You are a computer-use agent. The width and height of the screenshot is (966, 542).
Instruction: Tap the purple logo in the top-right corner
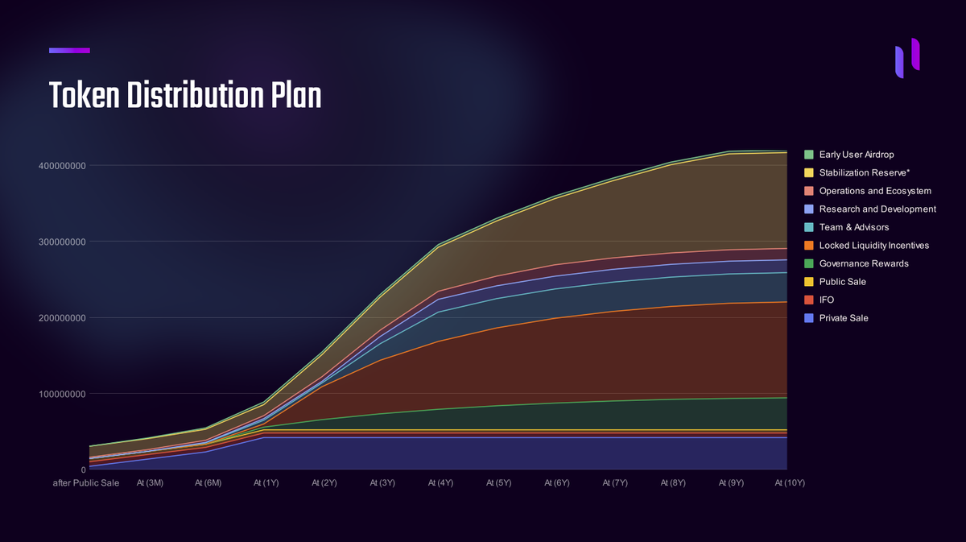coord(907,57)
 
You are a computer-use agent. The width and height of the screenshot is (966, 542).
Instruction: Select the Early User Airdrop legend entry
coord(856,155)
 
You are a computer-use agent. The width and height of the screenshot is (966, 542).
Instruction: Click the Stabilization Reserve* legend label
coord(864,173)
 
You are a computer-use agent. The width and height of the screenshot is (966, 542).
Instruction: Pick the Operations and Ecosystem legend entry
coord(874,191)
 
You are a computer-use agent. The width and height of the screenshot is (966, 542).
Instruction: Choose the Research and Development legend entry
coord(877,209)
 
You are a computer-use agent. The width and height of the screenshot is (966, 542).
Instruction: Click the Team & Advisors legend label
coord(853,227)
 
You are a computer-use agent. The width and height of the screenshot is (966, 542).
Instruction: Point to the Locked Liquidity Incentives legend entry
coord(873,246)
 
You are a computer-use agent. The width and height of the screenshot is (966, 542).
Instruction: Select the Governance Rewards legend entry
coord(863,263)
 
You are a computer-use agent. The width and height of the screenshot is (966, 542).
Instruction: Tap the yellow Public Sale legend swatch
coord(809,282)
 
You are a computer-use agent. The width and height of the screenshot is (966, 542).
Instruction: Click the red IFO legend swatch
coord(809,300)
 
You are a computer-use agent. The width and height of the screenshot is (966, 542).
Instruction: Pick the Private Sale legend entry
coord(843,318)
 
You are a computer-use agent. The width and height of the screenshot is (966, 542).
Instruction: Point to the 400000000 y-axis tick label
coord(62,166)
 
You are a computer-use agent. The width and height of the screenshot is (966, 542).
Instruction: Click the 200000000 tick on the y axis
coord(62,318)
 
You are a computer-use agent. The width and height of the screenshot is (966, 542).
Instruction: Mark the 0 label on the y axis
coord(83,470)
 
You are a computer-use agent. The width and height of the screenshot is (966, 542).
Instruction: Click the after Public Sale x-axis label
coord(85,483)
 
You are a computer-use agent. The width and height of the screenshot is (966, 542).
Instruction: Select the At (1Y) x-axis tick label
coord(266,483)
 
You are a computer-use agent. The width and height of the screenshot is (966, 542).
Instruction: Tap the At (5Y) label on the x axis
coord(497,483)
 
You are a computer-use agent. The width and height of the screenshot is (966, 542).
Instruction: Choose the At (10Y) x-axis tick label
coord(790,483)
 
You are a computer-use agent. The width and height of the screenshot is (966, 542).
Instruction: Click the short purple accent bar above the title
coord(69,51)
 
